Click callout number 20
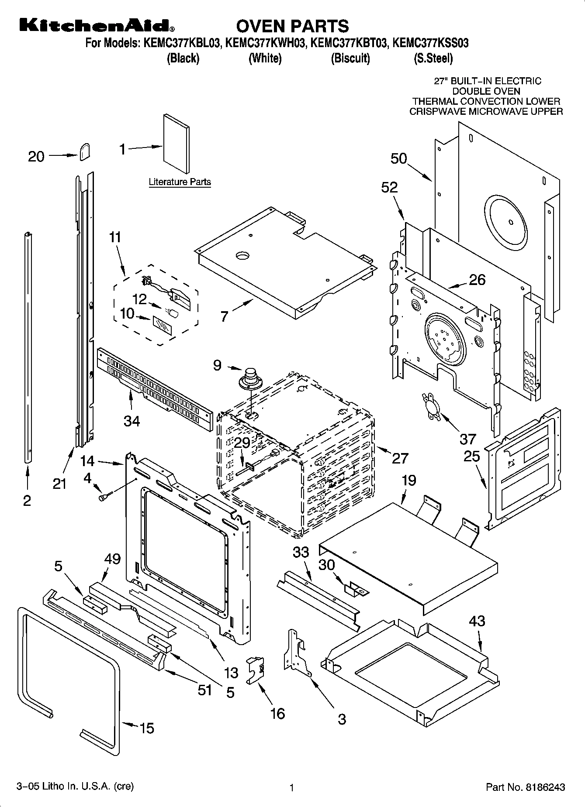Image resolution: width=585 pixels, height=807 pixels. (36, 157)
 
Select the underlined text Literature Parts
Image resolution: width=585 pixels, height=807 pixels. (180, 182)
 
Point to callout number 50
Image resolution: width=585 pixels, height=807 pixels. (398, 158)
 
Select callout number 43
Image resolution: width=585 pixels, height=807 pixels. (477, 621)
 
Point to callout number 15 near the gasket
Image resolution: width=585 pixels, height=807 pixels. (147, 728)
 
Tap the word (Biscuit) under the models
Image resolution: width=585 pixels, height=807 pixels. (350, 58)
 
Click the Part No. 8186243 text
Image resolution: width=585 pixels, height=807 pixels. (526, 787)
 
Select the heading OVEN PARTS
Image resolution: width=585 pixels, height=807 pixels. (292, 26)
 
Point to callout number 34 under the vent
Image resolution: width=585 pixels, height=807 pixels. (132, 421)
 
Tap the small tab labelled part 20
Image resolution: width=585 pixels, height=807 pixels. (85, 151)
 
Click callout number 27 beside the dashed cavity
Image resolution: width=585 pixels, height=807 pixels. (400, 458)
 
